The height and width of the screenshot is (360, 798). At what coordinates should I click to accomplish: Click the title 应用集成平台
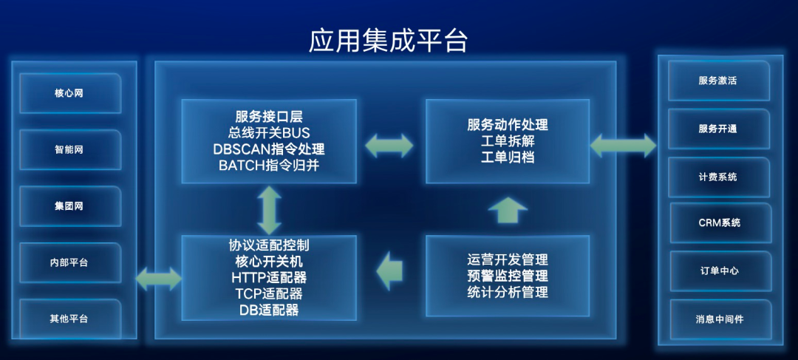(x=388, y=41)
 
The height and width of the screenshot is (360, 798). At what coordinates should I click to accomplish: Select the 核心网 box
(x=69, y=94)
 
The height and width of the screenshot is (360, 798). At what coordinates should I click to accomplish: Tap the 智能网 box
(x=69, y=149)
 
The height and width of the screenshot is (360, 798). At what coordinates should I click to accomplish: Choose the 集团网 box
(x=69, y=206)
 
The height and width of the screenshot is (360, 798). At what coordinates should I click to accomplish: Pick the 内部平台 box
(x=69, y=262)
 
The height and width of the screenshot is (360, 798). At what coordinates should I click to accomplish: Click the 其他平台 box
(x=69, y=319)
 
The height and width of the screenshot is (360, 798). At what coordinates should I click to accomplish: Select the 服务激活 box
(x=717, y=81)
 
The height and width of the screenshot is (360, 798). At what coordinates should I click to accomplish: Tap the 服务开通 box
(x=717, y=129)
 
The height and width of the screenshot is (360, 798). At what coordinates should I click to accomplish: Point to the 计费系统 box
(x=717, y=177)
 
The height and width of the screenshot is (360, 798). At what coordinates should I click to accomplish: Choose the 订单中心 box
(x=719, y=271)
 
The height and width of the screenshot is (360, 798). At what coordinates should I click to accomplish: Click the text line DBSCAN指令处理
(x=268, y=149)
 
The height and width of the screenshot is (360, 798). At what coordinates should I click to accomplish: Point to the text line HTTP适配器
(x=269, y=278)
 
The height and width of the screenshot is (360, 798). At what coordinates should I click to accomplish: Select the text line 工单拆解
(x=508, y=141)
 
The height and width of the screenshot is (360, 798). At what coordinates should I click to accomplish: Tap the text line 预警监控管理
(x=508, y=276)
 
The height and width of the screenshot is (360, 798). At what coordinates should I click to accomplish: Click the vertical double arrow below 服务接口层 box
(x=268, y=210)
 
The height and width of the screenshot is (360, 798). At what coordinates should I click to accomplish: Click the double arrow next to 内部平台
(x=158, y=279)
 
